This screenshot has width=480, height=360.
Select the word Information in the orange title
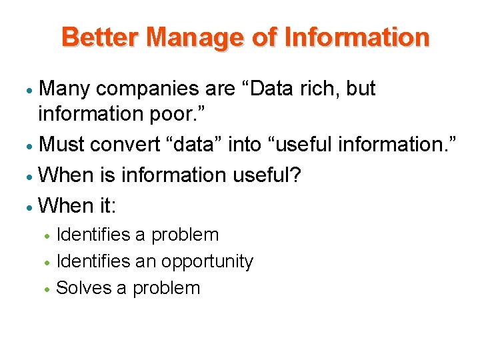tap(357, 37)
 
